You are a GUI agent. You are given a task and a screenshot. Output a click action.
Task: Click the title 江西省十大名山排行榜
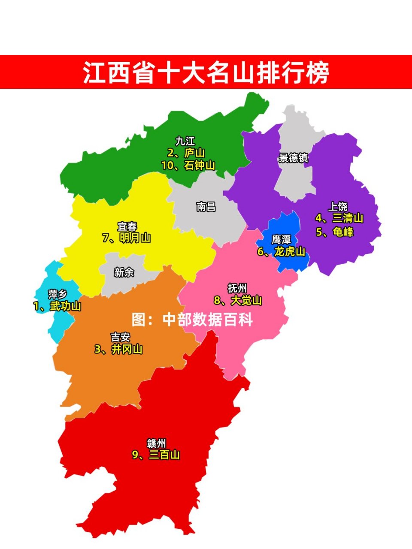[206, 72]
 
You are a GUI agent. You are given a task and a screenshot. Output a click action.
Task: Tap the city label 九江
[185, 141]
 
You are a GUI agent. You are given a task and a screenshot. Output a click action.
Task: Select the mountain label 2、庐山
[186, 153]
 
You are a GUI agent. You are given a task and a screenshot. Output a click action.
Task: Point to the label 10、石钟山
[188, 165]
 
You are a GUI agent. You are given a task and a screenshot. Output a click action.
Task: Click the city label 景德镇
[294, 158]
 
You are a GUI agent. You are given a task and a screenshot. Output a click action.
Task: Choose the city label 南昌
[206, 207]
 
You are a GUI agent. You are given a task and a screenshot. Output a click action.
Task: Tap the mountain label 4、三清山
[339, 218]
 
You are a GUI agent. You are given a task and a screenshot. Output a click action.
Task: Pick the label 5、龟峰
[335, 232]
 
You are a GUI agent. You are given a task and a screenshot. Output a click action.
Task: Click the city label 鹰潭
[281, 239]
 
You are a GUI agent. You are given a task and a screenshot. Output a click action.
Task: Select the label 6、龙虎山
[281, 251]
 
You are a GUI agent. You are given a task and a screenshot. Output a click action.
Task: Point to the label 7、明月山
[127, 238]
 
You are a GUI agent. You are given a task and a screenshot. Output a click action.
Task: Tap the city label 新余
[124, 272]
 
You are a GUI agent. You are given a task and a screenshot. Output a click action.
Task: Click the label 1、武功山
[57, 306]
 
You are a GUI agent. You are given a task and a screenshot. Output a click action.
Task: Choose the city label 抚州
[237, 288]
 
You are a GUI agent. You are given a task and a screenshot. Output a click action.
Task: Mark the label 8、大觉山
[238, 301]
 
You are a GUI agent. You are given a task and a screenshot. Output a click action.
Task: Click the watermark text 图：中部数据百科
[192, 320]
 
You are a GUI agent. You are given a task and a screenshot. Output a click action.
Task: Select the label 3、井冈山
[118, 350]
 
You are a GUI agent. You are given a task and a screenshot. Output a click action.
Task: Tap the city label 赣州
[156, 443]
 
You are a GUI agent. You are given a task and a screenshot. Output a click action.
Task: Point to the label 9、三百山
[156, 455]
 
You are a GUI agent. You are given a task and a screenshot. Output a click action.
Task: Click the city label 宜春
[127, 226]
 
